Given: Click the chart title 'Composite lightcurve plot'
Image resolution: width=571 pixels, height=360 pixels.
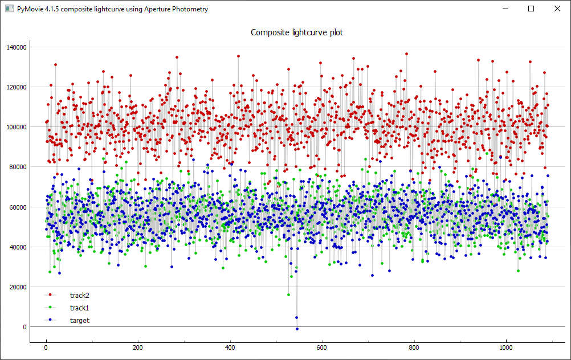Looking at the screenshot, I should (297, 32).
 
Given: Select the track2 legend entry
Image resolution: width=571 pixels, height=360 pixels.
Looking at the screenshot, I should (79, 295).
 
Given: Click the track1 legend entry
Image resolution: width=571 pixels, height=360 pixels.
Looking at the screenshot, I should (79, 308).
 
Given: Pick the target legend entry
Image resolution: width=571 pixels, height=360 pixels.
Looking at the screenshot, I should (79, 320).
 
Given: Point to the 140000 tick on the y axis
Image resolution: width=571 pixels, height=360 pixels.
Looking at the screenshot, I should (15, 47).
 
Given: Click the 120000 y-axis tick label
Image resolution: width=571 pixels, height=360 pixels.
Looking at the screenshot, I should (15, 87).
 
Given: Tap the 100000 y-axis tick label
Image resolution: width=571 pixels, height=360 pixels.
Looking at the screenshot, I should (15, 127).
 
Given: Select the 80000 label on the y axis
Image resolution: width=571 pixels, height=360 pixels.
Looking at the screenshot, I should (17, 167).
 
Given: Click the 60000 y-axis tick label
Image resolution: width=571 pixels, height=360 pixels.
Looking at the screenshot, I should (17, 207).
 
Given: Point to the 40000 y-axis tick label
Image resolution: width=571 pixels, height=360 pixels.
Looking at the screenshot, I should (17, 247).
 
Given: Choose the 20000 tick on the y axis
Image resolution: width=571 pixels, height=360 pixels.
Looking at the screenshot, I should (17, 287).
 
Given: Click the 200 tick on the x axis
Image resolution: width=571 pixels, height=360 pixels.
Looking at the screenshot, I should (138, 347).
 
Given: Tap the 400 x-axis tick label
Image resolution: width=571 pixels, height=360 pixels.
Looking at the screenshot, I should (230, 347).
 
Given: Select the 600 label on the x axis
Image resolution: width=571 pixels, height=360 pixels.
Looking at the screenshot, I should (322, 347).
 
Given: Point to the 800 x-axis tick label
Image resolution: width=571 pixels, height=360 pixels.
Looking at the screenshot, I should (414, 347).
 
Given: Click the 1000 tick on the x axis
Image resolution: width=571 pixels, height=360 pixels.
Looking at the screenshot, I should (505, 347).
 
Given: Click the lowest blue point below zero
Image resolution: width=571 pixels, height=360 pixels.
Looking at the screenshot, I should (297, 329).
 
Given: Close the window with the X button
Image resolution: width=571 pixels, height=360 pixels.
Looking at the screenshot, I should (557, 9).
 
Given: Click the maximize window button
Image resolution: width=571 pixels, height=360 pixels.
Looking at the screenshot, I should (531, 9).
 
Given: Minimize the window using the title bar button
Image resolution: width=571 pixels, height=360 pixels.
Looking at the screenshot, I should (505, 9).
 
